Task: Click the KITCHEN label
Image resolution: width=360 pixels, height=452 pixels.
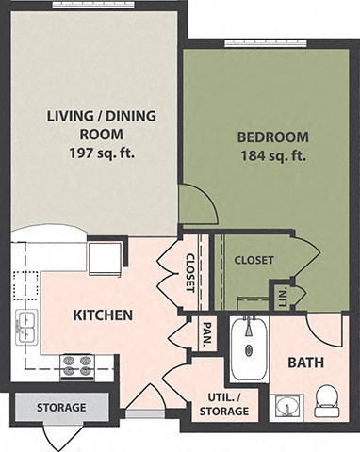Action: coord(102,315)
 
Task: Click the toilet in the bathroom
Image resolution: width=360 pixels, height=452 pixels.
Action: coord(326,399)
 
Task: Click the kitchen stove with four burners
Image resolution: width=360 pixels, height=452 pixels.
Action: coord(77,365)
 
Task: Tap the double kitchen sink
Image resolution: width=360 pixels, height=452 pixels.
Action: coord(25,326)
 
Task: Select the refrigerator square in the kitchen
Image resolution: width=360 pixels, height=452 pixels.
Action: coord(105,258)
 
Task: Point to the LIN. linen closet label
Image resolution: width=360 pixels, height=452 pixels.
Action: coord(281,295)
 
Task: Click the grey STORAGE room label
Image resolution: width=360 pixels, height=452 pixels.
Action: coord(60,408)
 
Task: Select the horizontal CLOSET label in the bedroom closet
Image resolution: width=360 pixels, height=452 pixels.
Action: coord(254,260)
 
